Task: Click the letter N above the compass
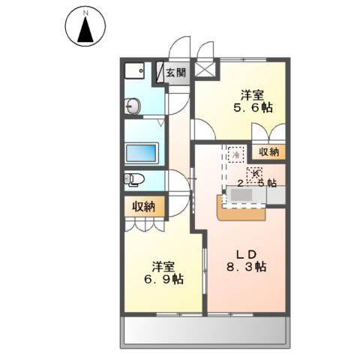pos(85,13)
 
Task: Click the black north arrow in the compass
pos(85,31)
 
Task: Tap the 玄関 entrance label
pos(176,73)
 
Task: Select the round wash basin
pos(133,107)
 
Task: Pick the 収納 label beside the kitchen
pos(268,151)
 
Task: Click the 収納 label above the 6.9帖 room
pos(144,207)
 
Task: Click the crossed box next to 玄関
pos(205,73)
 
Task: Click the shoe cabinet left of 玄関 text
pos(160,73)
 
